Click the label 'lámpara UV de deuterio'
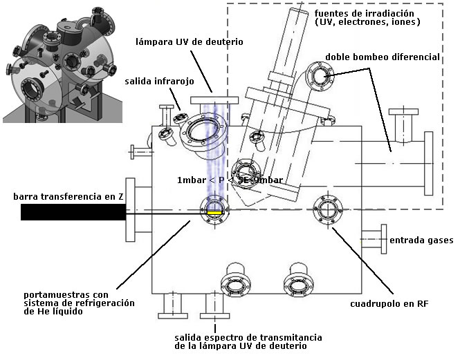pyautogui.click(x=190, y=41)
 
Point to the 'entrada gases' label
pyautogui.click(x=421, y=240)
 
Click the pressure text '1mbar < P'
pyautogui.click(x=199, y=181)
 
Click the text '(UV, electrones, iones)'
pyautogui.click(x=357, y=23)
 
